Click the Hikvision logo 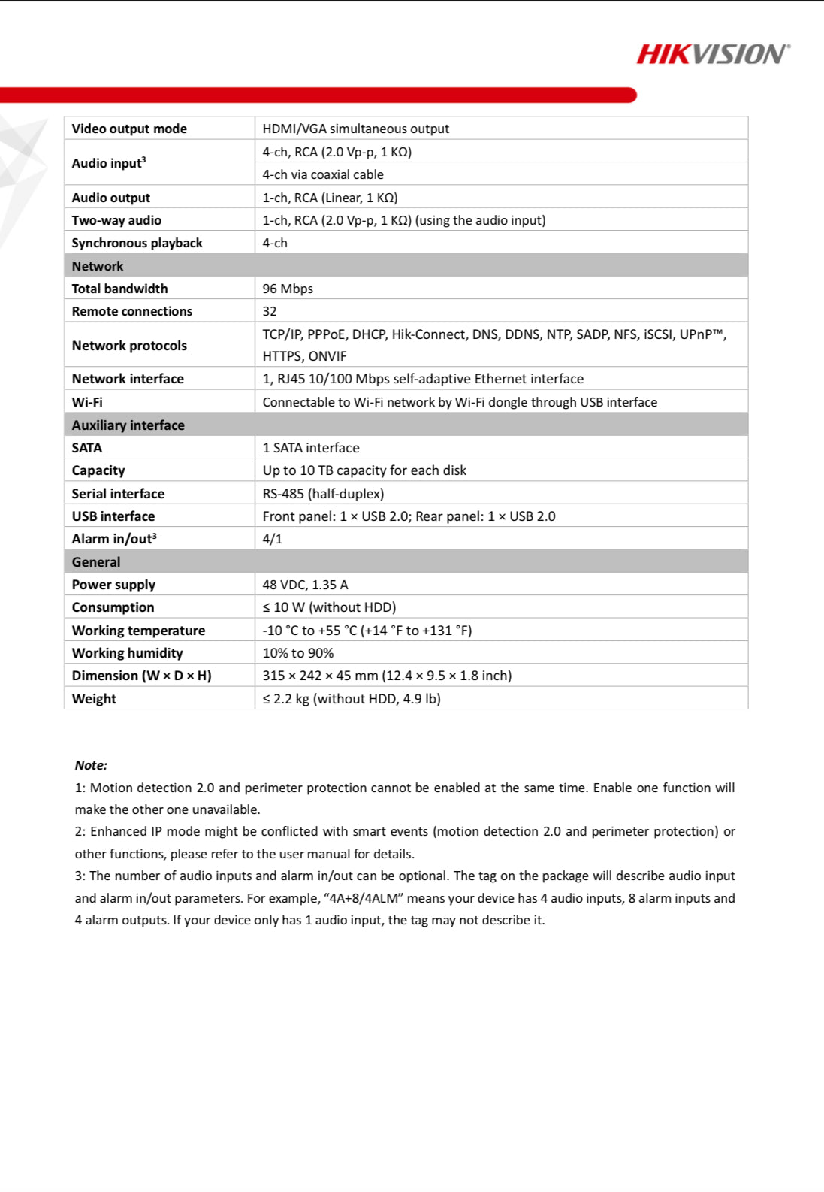(713, 54)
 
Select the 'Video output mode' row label (129, 129)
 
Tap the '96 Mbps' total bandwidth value (288, 289)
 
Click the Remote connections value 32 (270, 311)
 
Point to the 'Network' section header (98, 266)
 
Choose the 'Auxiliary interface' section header (128, 425)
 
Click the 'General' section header (96, 562)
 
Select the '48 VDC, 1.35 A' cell (305, 585)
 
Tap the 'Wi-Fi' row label (87, 402)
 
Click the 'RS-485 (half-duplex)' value (323, 494)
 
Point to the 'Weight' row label (94, 699)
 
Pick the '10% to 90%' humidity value (298, 653)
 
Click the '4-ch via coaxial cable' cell (323, 174)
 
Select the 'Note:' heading (91, 765)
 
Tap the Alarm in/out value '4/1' (273, 539)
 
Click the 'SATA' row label (87, 448)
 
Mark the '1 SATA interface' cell (311, 448)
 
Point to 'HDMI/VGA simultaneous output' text (355, 129)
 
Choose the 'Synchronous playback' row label (137, 243)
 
